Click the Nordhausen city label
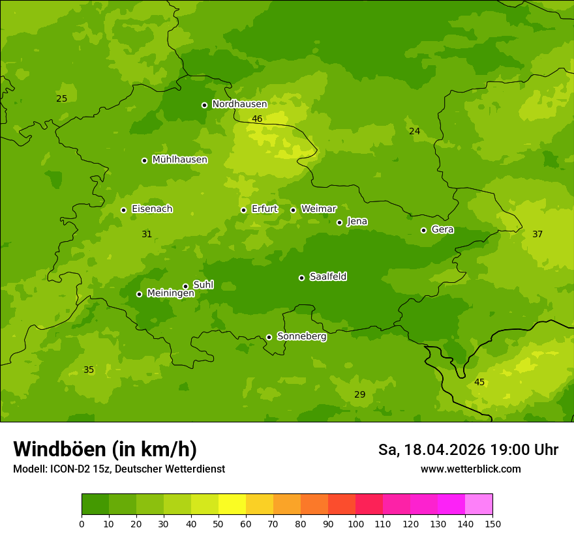click(239, 104)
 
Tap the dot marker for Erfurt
click(243, 210)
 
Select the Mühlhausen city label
click(179, 160)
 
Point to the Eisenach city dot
click(123, 210)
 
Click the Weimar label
click(318, 209)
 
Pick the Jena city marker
click(339, 222)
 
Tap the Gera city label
click(442, 229)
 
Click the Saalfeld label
click(327, 277)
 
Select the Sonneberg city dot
click(269, 337)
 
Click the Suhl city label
click(203, 285)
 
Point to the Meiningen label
click(170, 294)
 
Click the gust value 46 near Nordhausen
click(257, 119)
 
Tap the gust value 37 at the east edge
click(537, 234)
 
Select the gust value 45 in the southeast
click(479, 382)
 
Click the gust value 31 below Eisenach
click(147, 234)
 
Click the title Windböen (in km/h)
click(105, 449)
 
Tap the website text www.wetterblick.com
click(470, 469)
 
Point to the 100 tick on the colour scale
click(355, 523)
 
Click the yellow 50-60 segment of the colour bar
click(232, 504)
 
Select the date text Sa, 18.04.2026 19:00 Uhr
click(468, 450)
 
